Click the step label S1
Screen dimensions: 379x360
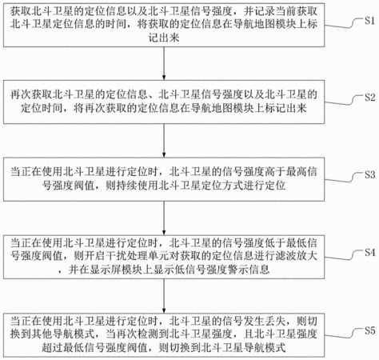(370, 21)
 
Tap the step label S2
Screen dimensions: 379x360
(370, 98)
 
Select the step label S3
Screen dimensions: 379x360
(370, 175)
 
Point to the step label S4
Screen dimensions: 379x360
(370, 253)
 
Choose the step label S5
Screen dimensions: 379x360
(370, 330)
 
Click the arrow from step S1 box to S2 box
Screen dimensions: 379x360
(164, 63)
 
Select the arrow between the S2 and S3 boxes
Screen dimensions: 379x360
(164, 141)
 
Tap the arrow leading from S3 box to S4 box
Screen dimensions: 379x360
(164, 218)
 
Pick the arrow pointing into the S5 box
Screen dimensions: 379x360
(164, 296)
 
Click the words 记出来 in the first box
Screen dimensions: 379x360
(164, 38)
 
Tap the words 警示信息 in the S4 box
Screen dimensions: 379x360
(249, 270)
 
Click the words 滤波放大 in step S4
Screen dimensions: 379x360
(296, 256)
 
